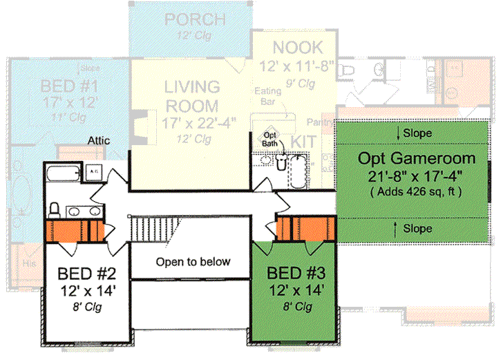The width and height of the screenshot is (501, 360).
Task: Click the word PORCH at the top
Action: click(x=195, y=19)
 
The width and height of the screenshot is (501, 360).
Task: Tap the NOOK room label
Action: click(x=297, y=48)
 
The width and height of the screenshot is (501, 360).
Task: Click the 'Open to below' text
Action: click(x=192, y=262)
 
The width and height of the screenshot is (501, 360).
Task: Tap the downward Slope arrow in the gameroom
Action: click(x=399, y=133)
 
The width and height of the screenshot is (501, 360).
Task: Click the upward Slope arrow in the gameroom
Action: click(x=395, y=228)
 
